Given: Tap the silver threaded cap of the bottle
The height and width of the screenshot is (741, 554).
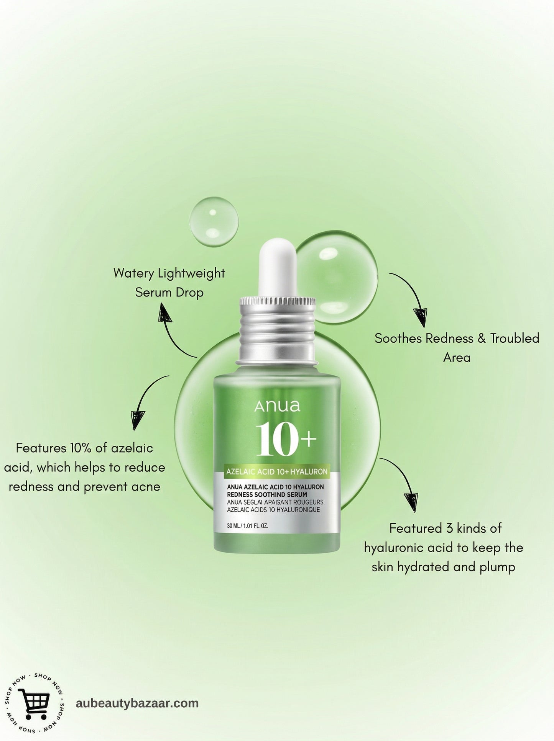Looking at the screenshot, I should (277, 329).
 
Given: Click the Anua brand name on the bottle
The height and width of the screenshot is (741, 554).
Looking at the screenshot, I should (277, 406).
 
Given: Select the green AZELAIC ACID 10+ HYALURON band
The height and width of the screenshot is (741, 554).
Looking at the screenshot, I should (277, 471).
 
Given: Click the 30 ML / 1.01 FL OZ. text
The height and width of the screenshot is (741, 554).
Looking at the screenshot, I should (247, 526).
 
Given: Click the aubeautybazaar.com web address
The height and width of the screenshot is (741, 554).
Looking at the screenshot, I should (137, 703).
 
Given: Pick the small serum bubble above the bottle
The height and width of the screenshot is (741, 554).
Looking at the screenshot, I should (214, 222).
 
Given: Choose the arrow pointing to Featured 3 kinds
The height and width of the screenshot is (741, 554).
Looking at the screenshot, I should (403, 483).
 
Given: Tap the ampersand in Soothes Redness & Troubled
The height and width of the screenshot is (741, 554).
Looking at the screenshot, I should (482, 339).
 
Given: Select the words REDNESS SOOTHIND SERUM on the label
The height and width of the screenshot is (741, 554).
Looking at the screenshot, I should (267, 494).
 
